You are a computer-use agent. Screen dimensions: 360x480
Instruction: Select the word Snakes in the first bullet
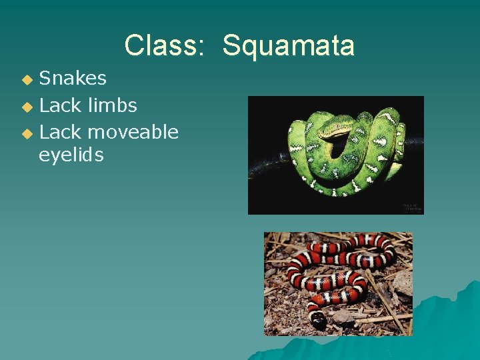coord(73,78)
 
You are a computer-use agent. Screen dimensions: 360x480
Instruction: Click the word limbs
coord(111,105)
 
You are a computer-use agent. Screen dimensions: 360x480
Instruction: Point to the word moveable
coord(133,132)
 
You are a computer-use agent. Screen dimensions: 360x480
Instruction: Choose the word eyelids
coord(71,155)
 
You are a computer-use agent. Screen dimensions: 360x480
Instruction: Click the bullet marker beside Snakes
coord(27,79)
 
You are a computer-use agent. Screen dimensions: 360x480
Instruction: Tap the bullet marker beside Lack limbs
coord(27,106)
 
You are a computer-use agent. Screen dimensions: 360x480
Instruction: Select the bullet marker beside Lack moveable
coord(27,133)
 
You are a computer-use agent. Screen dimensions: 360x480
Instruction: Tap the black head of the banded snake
coord(319,319)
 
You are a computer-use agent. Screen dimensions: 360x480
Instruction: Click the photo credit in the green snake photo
coord(411,207)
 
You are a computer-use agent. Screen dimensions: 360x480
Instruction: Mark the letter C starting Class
coord(133,45)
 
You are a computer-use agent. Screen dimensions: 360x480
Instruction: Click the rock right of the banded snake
coord(402,283)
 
